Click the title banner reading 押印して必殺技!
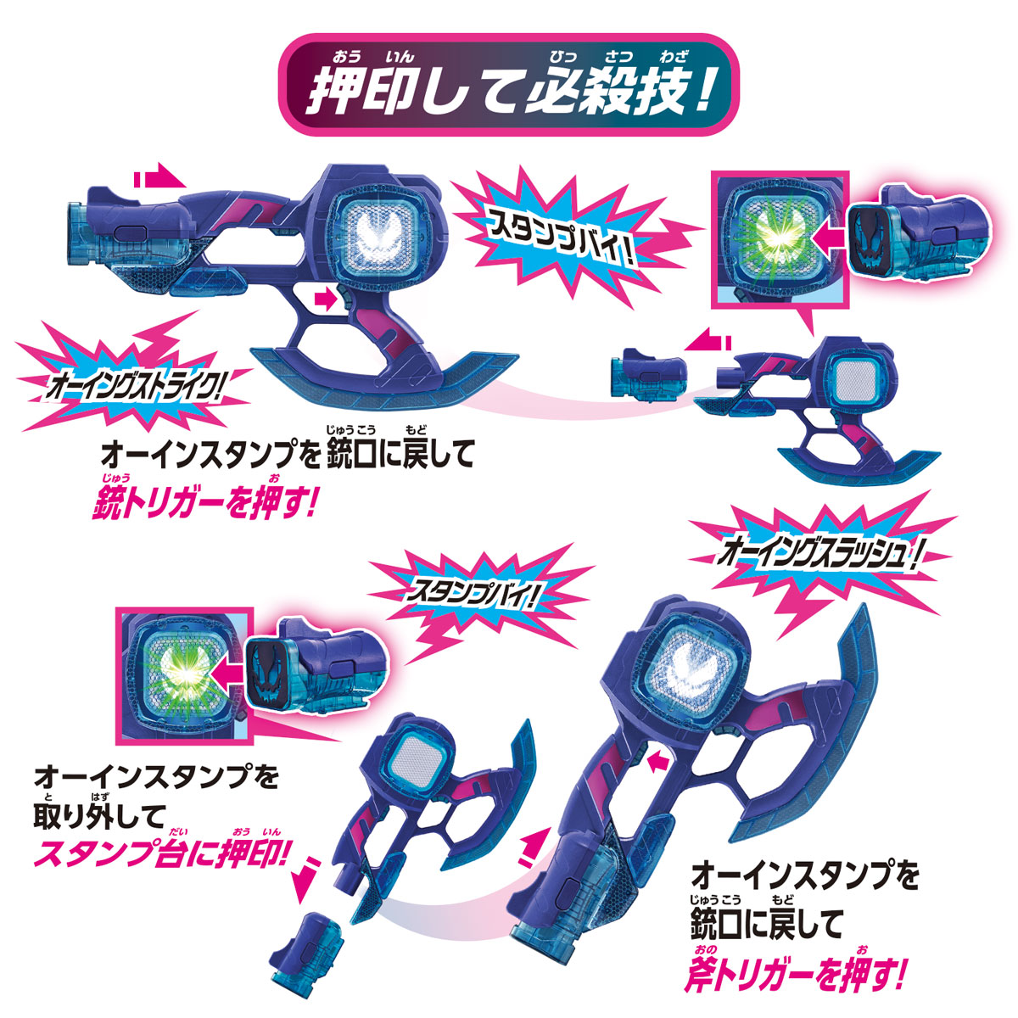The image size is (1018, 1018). (507, 85)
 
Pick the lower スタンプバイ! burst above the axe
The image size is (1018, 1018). (473, 595)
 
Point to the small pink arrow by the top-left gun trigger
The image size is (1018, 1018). (324, 299)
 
